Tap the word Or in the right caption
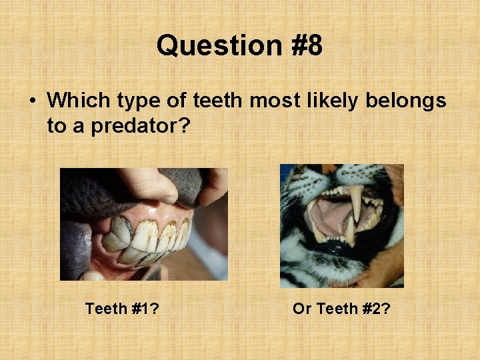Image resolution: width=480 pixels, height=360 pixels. [x=302, y=309]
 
